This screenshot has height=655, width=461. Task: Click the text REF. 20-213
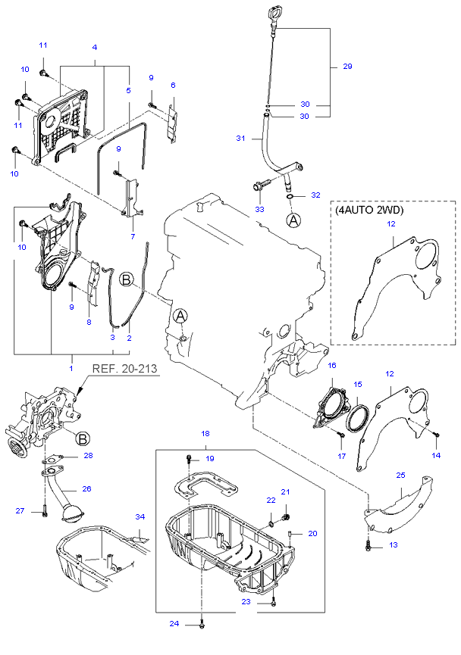[x=124, y=369]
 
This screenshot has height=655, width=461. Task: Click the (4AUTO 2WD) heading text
[x=369, y=210]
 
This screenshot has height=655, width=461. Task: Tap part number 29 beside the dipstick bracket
[x=347, y=66]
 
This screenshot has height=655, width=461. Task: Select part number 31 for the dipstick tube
[x=240, y=138]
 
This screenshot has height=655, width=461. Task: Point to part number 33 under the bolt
[x=259, y=209]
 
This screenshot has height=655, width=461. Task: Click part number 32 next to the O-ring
[x=315, y=195]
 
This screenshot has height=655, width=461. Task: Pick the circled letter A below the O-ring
[x=293, y=220]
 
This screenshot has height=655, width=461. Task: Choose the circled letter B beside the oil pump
[x=83, y=438]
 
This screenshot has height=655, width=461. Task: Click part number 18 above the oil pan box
[x=205, y=434]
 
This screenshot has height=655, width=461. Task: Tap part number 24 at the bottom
[x=174, y=624]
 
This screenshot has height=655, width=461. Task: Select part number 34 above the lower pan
[x=140, y=516]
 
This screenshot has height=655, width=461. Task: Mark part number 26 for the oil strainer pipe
[x=86, y=488]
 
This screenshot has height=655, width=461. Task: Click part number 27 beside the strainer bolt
[x=20, y=510]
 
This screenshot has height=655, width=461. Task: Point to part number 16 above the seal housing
[x=332, y=366]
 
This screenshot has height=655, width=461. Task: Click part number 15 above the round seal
[x=358, y=385]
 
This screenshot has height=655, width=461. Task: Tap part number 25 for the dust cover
[x=400, y=475]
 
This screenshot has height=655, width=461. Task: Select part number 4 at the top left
[x=95, y=47]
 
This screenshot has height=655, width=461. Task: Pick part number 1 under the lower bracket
[x=71, y=368]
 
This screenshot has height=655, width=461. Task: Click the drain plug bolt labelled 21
[x=286, y=518]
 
